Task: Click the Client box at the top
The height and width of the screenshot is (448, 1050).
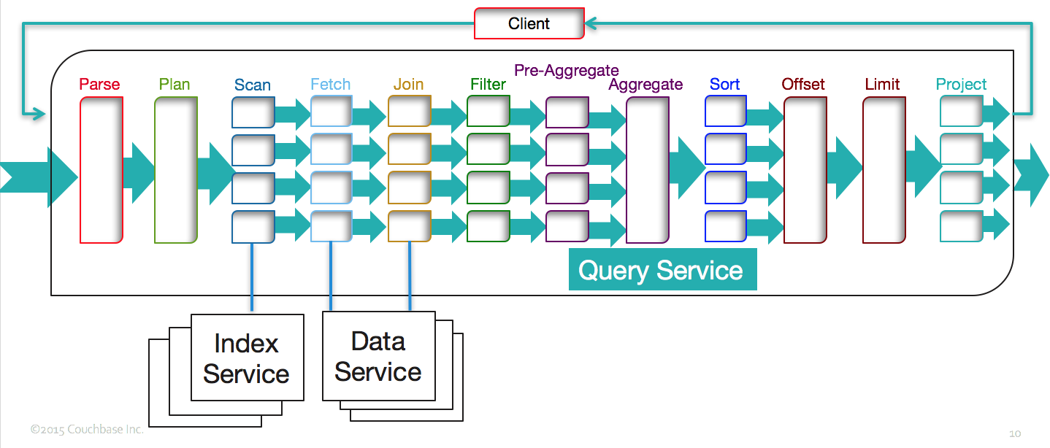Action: [529, 23]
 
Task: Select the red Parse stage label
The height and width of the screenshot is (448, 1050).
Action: [99, 84]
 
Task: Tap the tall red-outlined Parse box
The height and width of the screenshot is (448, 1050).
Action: [101, 169]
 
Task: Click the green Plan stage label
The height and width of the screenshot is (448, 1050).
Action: [175, 84]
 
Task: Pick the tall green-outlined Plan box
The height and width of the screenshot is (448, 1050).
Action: [176, 169]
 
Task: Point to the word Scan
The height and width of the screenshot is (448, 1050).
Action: [253, 85]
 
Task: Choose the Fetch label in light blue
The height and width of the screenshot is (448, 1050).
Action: [330, 84]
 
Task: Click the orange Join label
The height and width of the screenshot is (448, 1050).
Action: [408, 84]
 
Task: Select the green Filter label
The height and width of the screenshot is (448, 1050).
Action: [488, 84]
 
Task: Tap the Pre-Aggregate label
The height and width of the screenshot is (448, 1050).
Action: [567, 70]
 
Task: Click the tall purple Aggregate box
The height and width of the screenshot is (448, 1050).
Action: [648, 169]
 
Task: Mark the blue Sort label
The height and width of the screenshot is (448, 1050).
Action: [724, 84]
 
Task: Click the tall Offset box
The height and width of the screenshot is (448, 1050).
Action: [805, 169]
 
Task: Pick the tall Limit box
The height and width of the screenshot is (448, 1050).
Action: [884, 169]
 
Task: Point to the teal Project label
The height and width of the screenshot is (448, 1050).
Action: [961, 84]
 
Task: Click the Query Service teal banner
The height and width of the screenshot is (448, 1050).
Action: [662, 271]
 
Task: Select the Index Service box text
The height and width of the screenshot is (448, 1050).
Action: [246, 358]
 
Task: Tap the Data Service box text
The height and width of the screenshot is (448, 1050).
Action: [378, 356]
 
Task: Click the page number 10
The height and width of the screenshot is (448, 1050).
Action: [1015, 433]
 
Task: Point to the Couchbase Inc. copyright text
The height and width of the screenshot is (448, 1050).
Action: [87, 429]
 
